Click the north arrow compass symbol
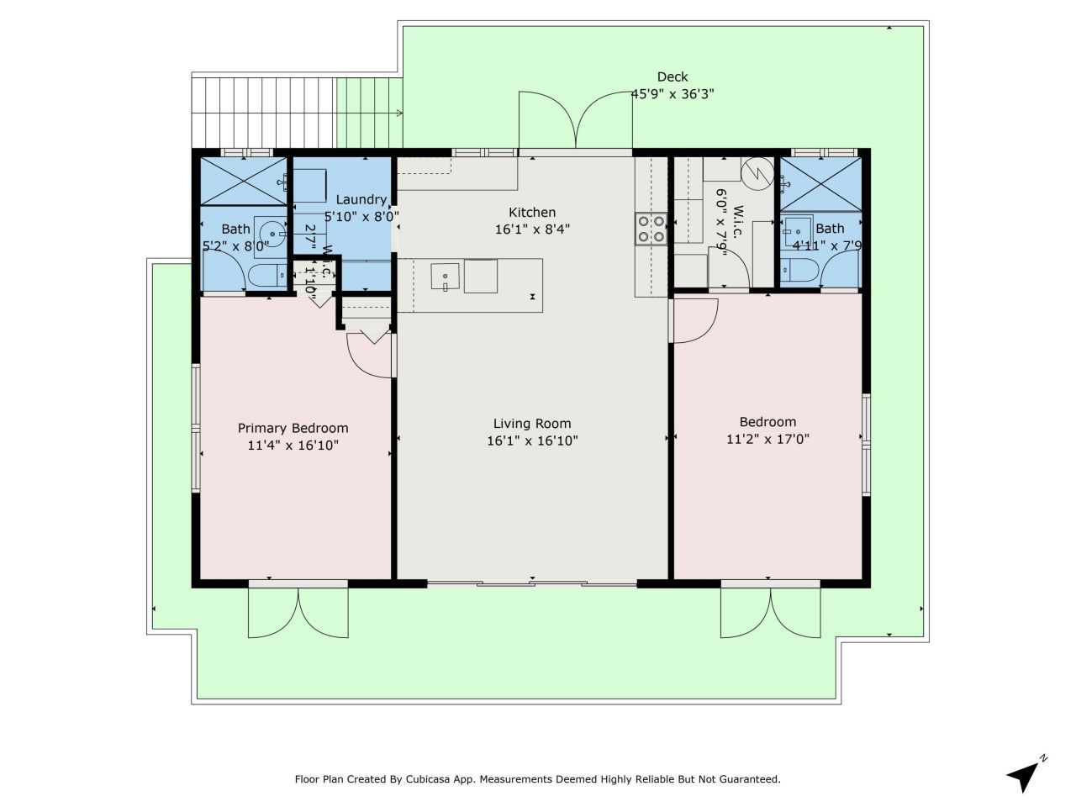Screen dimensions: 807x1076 [x=1024, y=775]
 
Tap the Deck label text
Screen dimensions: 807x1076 [x=672, y=77]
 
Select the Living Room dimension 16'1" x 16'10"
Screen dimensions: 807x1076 [x=532, y=440]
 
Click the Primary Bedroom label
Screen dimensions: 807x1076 [x=293, y=428]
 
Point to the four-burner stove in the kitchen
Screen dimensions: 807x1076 [x=650, y=229]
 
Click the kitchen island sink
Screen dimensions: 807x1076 [x=445, y=276]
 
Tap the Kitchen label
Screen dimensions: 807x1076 [x=532, y=213]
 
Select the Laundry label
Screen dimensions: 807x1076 [x=361, y=199]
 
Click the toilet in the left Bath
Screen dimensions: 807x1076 [x=267, y=275]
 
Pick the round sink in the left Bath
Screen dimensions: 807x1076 [x=270, y=232]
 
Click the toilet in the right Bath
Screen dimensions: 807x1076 [x=799, y=271]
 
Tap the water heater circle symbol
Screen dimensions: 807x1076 [x=758, y=172]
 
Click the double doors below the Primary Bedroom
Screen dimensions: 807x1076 [x=298, y=612]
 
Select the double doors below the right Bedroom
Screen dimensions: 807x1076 [x=770, y=612]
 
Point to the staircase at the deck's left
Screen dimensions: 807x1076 [x=263, y=110]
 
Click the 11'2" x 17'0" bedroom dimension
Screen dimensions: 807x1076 [x=767, y=439]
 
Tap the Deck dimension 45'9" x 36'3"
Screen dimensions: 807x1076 [x=672, y=94]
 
